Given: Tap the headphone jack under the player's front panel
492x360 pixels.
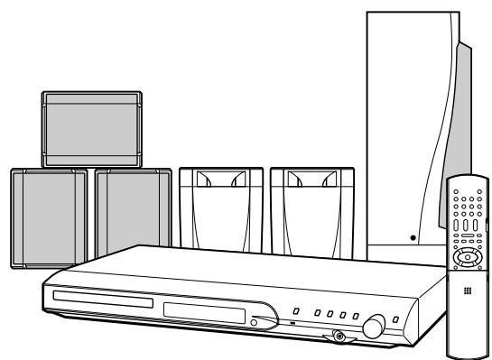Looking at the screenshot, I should [x=339, y=337].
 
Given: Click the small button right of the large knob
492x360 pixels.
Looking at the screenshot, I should [x=397, y=321].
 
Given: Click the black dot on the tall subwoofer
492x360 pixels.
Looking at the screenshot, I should [x=412, y=238].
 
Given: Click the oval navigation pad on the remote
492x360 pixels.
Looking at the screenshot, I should [x=469, y=256].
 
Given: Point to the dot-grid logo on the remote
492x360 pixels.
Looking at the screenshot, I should [x=468, y=290].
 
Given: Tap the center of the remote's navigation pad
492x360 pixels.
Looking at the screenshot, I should [x=469, y=256].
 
